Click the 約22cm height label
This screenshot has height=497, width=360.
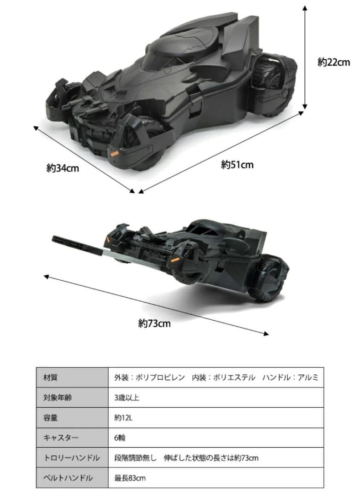[334, 63]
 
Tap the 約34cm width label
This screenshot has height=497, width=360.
[63, 168]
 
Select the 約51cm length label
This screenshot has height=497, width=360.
[237, 164]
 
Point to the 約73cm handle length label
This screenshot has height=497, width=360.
[154, 324]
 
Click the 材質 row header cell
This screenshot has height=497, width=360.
[72, 378]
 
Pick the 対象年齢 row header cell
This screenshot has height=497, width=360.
[72, 398]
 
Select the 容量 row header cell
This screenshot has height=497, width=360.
[72, 418]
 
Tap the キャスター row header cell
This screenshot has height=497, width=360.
[72, 438]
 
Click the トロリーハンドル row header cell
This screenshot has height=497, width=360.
[72, 458]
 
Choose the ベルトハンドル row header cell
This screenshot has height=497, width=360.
[72, 478]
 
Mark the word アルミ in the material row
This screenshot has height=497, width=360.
[308, 378]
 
